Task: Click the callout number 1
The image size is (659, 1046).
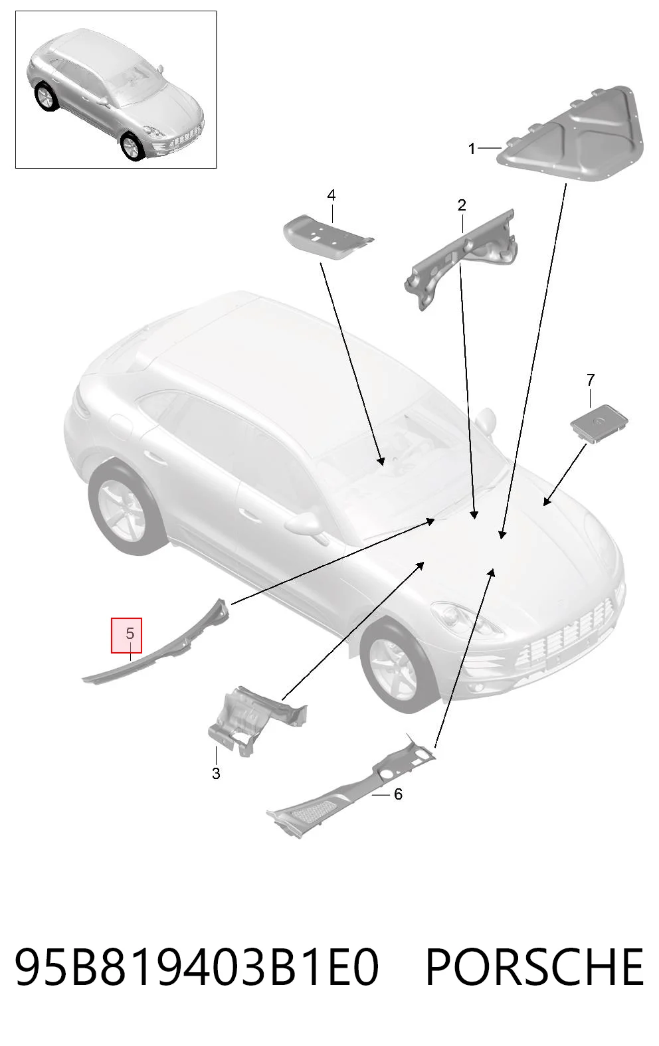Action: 471,149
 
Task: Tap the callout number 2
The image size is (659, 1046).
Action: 462,205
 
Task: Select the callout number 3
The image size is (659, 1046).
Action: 216,773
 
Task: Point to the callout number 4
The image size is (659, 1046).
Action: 331,195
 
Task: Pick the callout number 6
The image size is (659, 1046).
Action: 398,794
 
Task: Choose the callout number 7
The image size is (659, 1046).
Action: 591,380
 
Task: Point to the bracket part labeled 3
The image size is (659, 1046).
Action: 254,720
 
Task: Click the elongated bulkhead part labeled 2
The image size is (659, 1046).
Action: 460,259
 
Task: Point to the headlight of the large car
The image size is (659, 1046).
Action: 467,620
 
